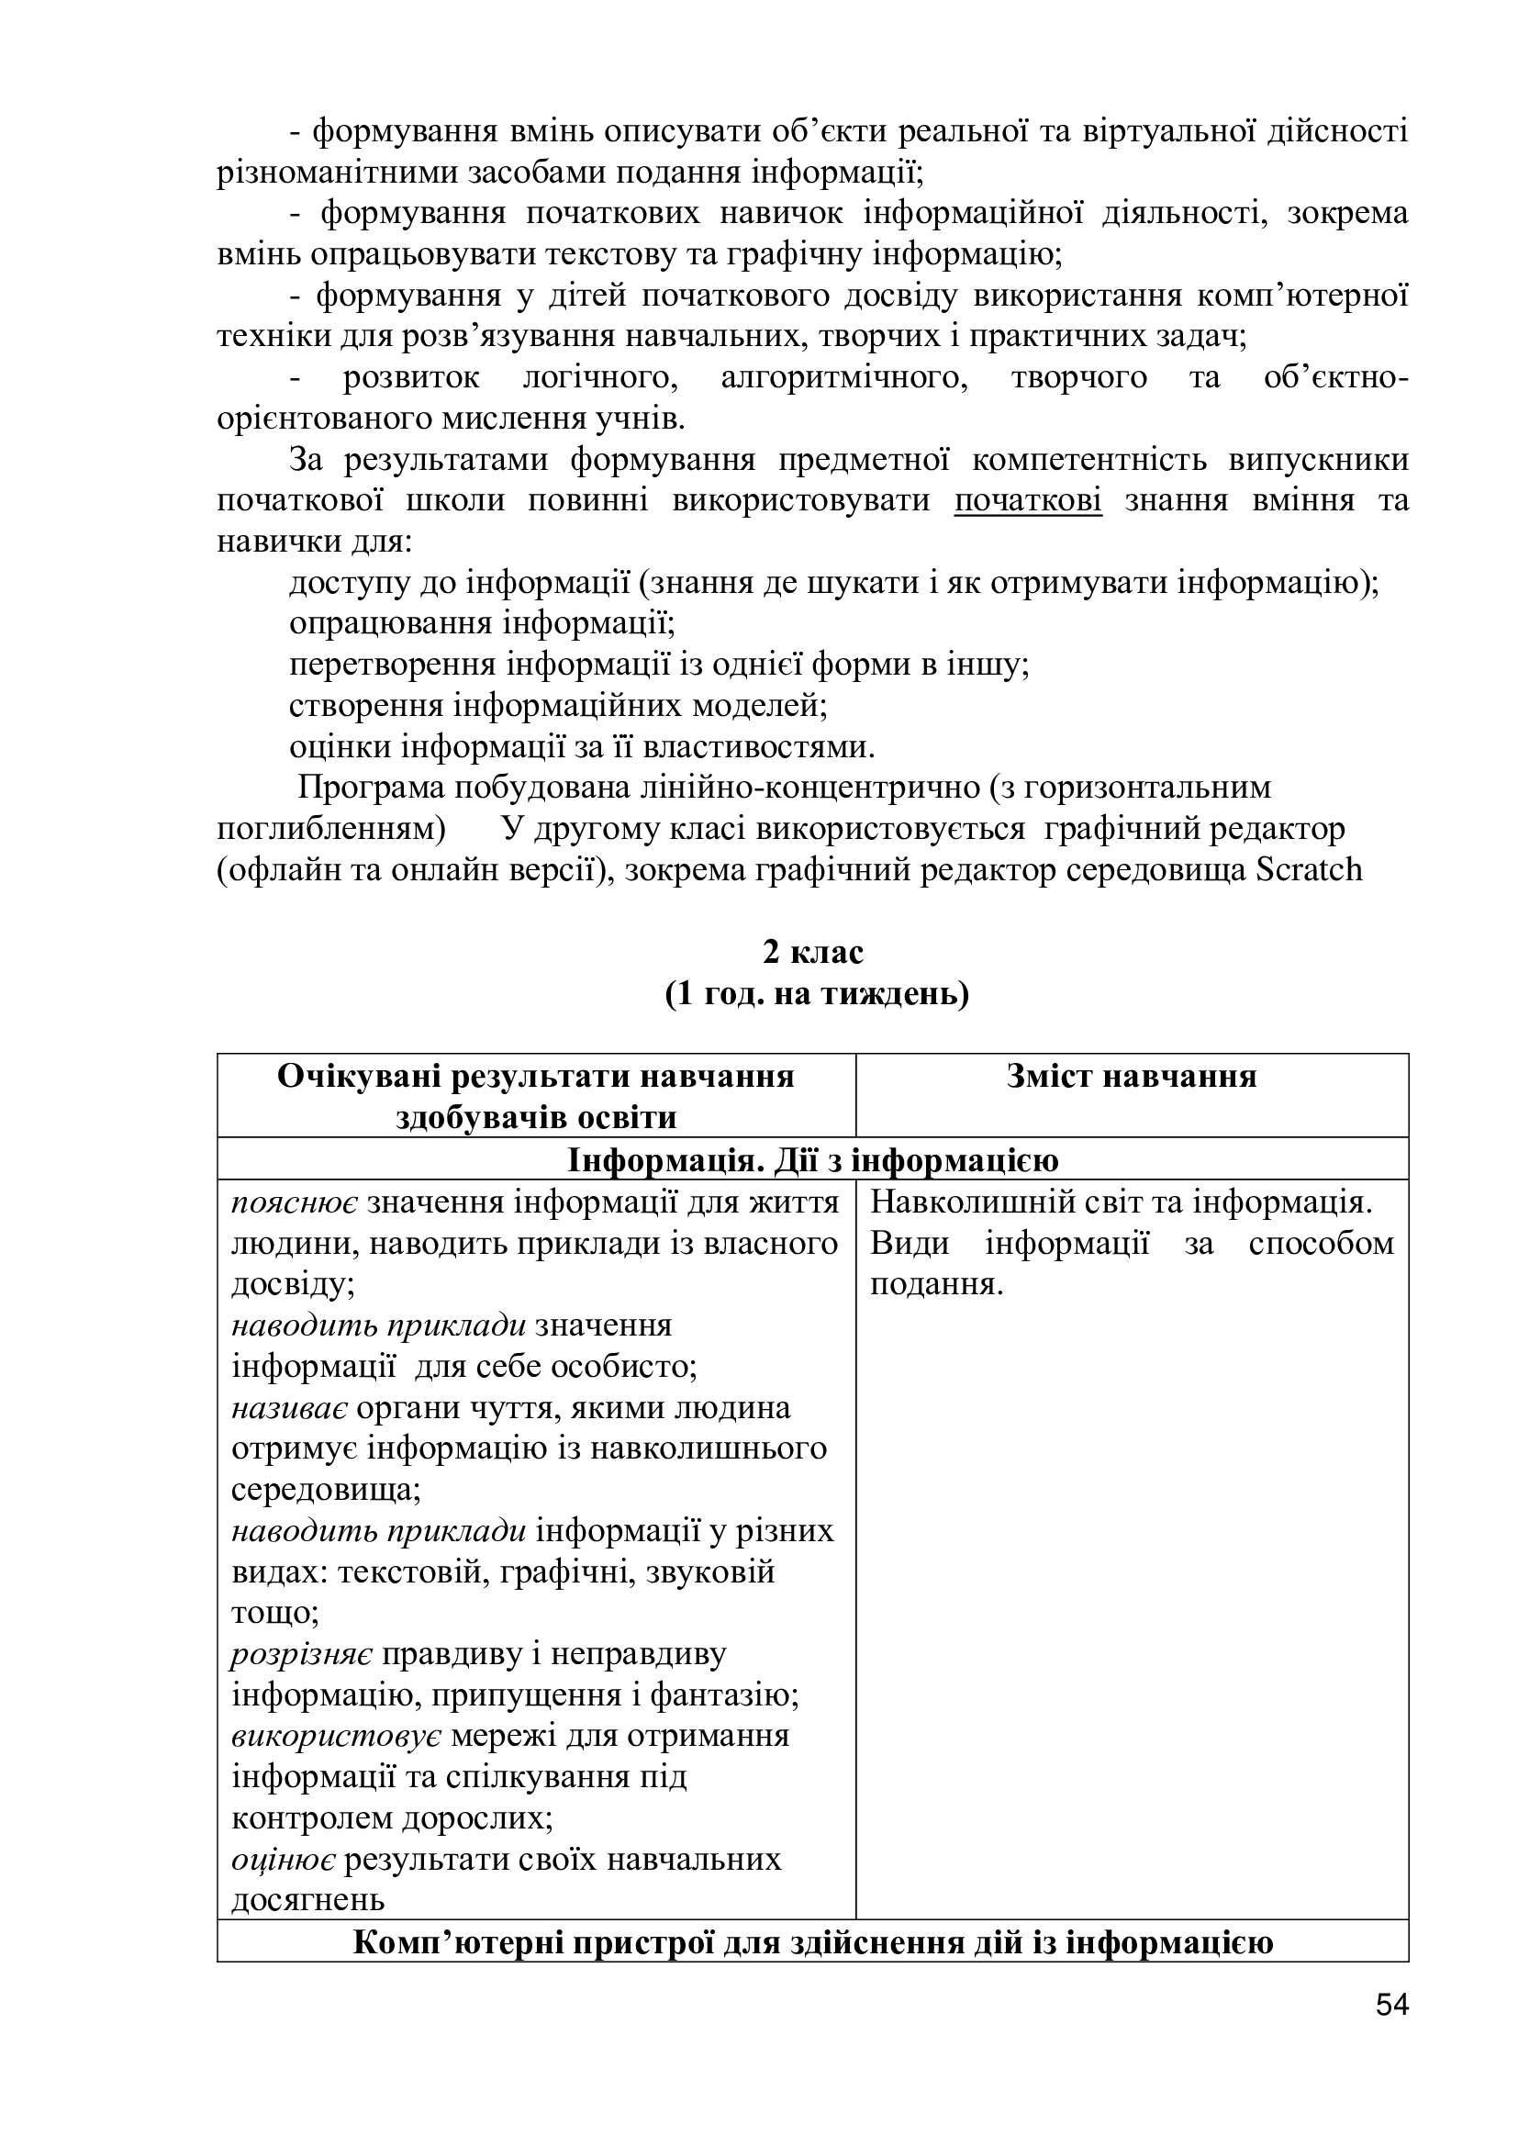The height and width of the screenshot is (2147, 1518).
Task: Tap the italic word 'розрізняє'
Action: click(x=301, y=1654)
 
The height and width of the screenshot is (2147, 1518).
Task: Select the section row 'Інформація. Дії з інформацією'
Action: click(x=812, y=1159)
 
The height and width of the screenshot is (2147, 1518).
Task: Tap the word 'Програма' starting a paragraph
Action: click(x=371, y=788)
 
